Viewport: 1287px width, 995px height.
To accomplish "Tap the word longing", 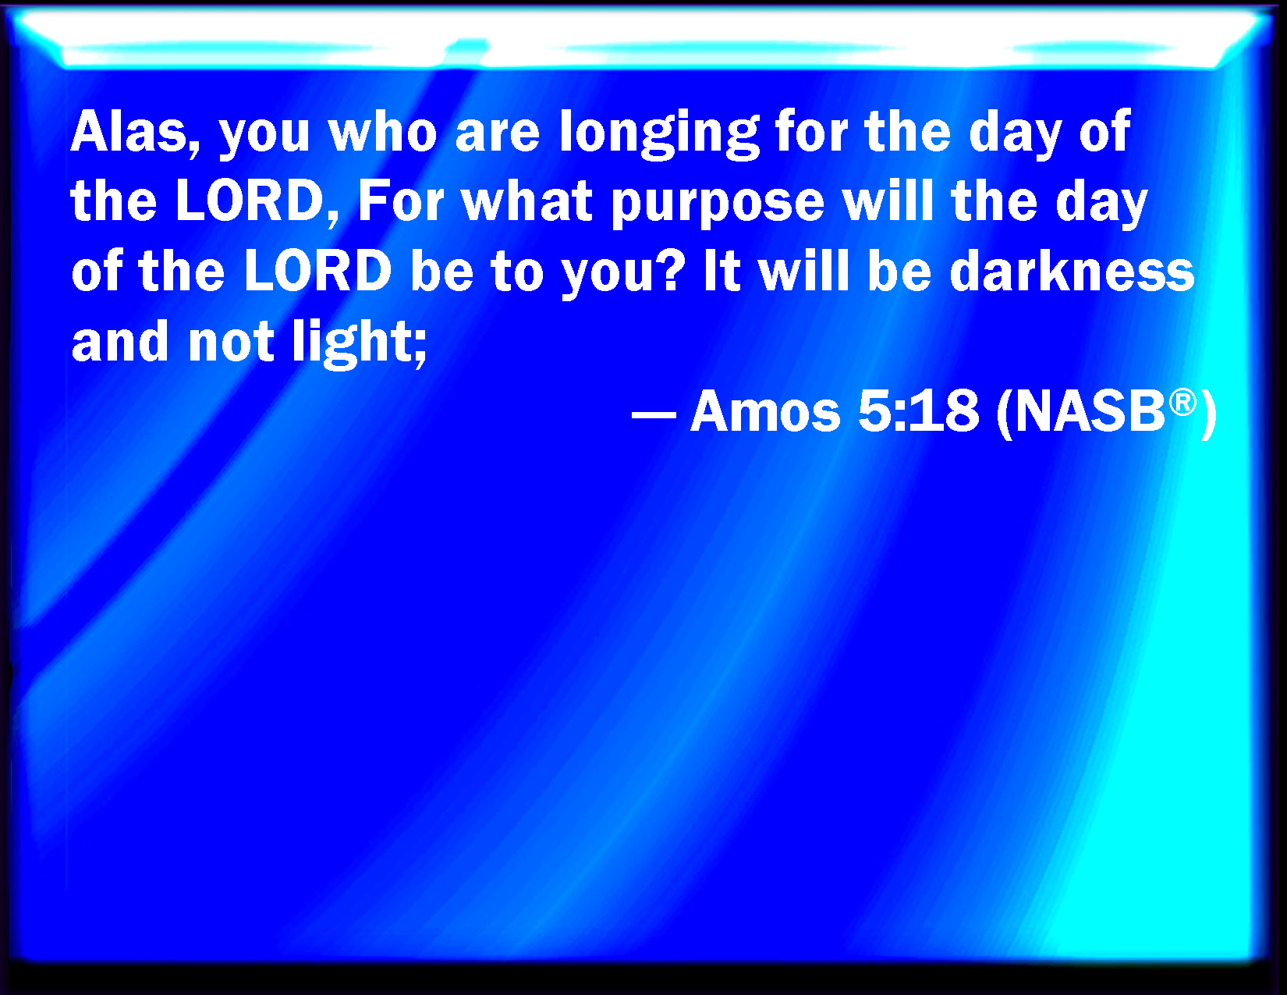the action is [x=658, y=134].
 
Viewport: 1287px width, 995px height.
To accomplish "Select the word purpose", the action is [x=718, y=205].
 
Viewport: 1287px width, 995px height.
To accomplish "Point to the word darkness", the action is [x=1072, y=272].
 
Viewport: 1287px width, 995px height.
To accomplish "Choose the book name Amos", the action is [x=765, y=411].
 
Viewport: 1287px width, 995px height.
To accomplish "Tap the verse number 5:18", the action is [x=919, y=411].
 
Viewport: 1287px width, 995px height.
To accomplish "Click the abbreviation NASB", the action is [x=1090, y=411].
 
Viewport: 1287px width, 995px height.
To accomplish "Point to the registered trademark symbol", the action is [x=1182, y=403].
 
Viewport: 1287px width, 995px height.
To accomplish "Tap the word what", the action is [x=527, y=201].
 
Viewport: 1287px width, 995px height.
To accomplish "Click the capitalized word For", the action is [x=401, y=201].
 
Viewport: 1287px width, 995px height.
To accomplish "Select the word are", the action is [x=498, y=136].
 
